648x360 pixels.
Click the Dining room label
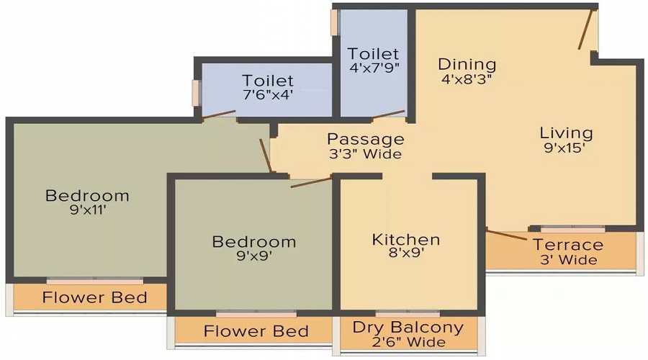[467, 65]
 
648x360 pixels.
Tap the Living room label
[567, 133]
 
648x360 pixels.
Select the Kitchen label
[406, 240]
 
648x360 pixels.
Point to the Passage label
[366, 139]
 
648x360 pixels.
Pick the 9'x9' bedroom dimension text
[253, 256]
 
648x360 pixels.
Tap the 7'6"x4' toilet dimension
[268, 94]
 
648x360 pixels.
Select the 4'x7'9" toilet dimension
[373, 68]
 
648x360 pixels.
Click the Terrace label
[567, 245]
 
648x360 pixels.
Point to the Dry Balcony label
[408, 328]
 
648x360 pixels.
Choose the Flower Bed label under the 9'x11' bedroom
[94, 297]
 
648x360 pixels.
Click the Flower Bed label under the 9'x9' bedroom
[256, 331]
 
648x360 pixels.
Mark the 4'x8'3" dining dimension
[467, 80]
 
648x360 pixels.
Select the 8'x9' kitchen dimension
[406, 254]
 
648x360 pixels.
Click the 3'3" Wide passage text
[366, 154]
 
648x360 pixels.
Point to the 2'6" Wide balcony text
[408, 342]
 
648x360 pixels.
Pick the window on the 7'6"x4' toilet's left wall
[195, 94]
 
